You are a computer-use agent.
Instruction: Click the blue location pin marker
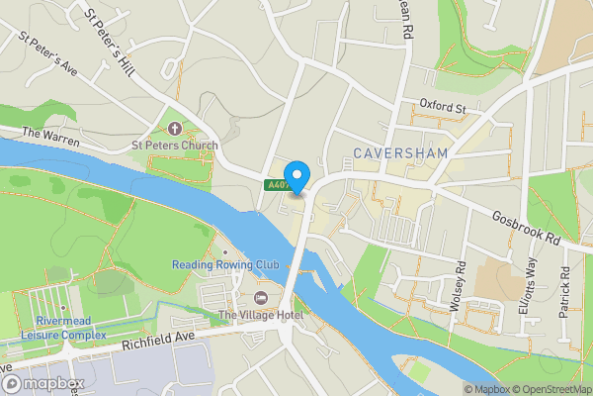[x=297, y=177]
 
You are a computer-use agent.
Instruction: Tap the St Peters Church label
[x=175, y=145]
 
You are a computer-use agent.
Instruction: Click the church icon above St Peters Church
[x=175, y=129]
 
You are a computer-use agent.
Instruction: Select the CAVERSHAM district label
[x=400, y=153]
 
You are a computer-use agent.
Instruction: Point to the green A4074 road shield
[x=276, y=184]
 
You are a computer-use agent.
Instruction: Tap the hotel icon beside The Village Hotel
[x=261, y=299]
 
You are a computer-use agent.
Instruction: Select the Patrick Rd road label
[x=565, y=293]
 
